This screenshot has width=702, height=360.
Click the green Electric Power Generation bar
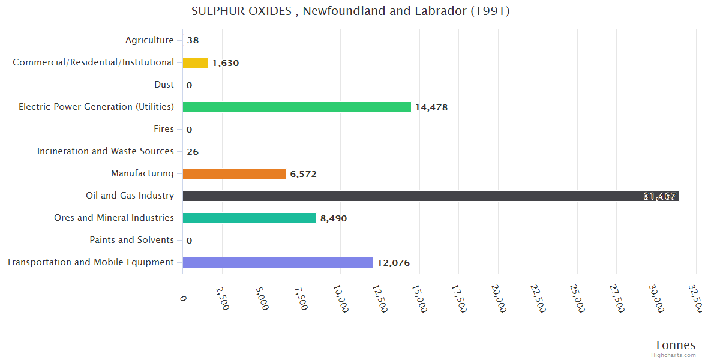coord(296,107)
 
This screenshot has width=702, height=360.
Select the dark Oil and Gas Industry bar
coord(430,196)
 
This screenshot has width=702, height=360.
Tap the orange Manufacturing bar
coord(234,173)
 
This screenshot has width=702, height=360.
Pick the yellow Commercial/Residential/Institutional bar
coord(195,62)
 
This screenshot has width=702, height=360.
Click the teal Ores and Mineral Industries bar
coord(249,218)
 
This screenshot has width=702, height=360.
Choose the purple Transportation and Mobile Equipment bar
coord(277,262)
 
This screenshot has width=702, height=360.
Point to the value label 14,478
coord(431,107)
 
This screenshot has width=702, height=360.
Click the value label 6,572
coord(303,174)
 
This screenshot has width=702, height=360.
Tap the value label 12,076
coord(394,263)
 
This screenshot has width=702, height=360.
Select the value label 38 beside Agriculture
coord(193,41)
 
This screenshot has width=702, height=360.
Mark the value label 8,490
coord(334,218)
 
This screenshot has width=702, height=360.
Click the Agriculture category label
coord(149,40)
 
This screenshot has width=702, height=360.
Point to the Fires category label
coord(164,129)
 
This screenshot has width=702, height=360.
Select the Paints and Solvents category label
coord(131,240)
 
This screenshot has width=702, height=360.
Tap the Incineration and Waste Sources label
coord(105,151)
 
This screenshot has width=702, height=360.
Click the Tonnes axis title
coord(674,345)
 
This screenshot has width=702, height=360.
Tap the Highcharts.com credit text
coord(673,355)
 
